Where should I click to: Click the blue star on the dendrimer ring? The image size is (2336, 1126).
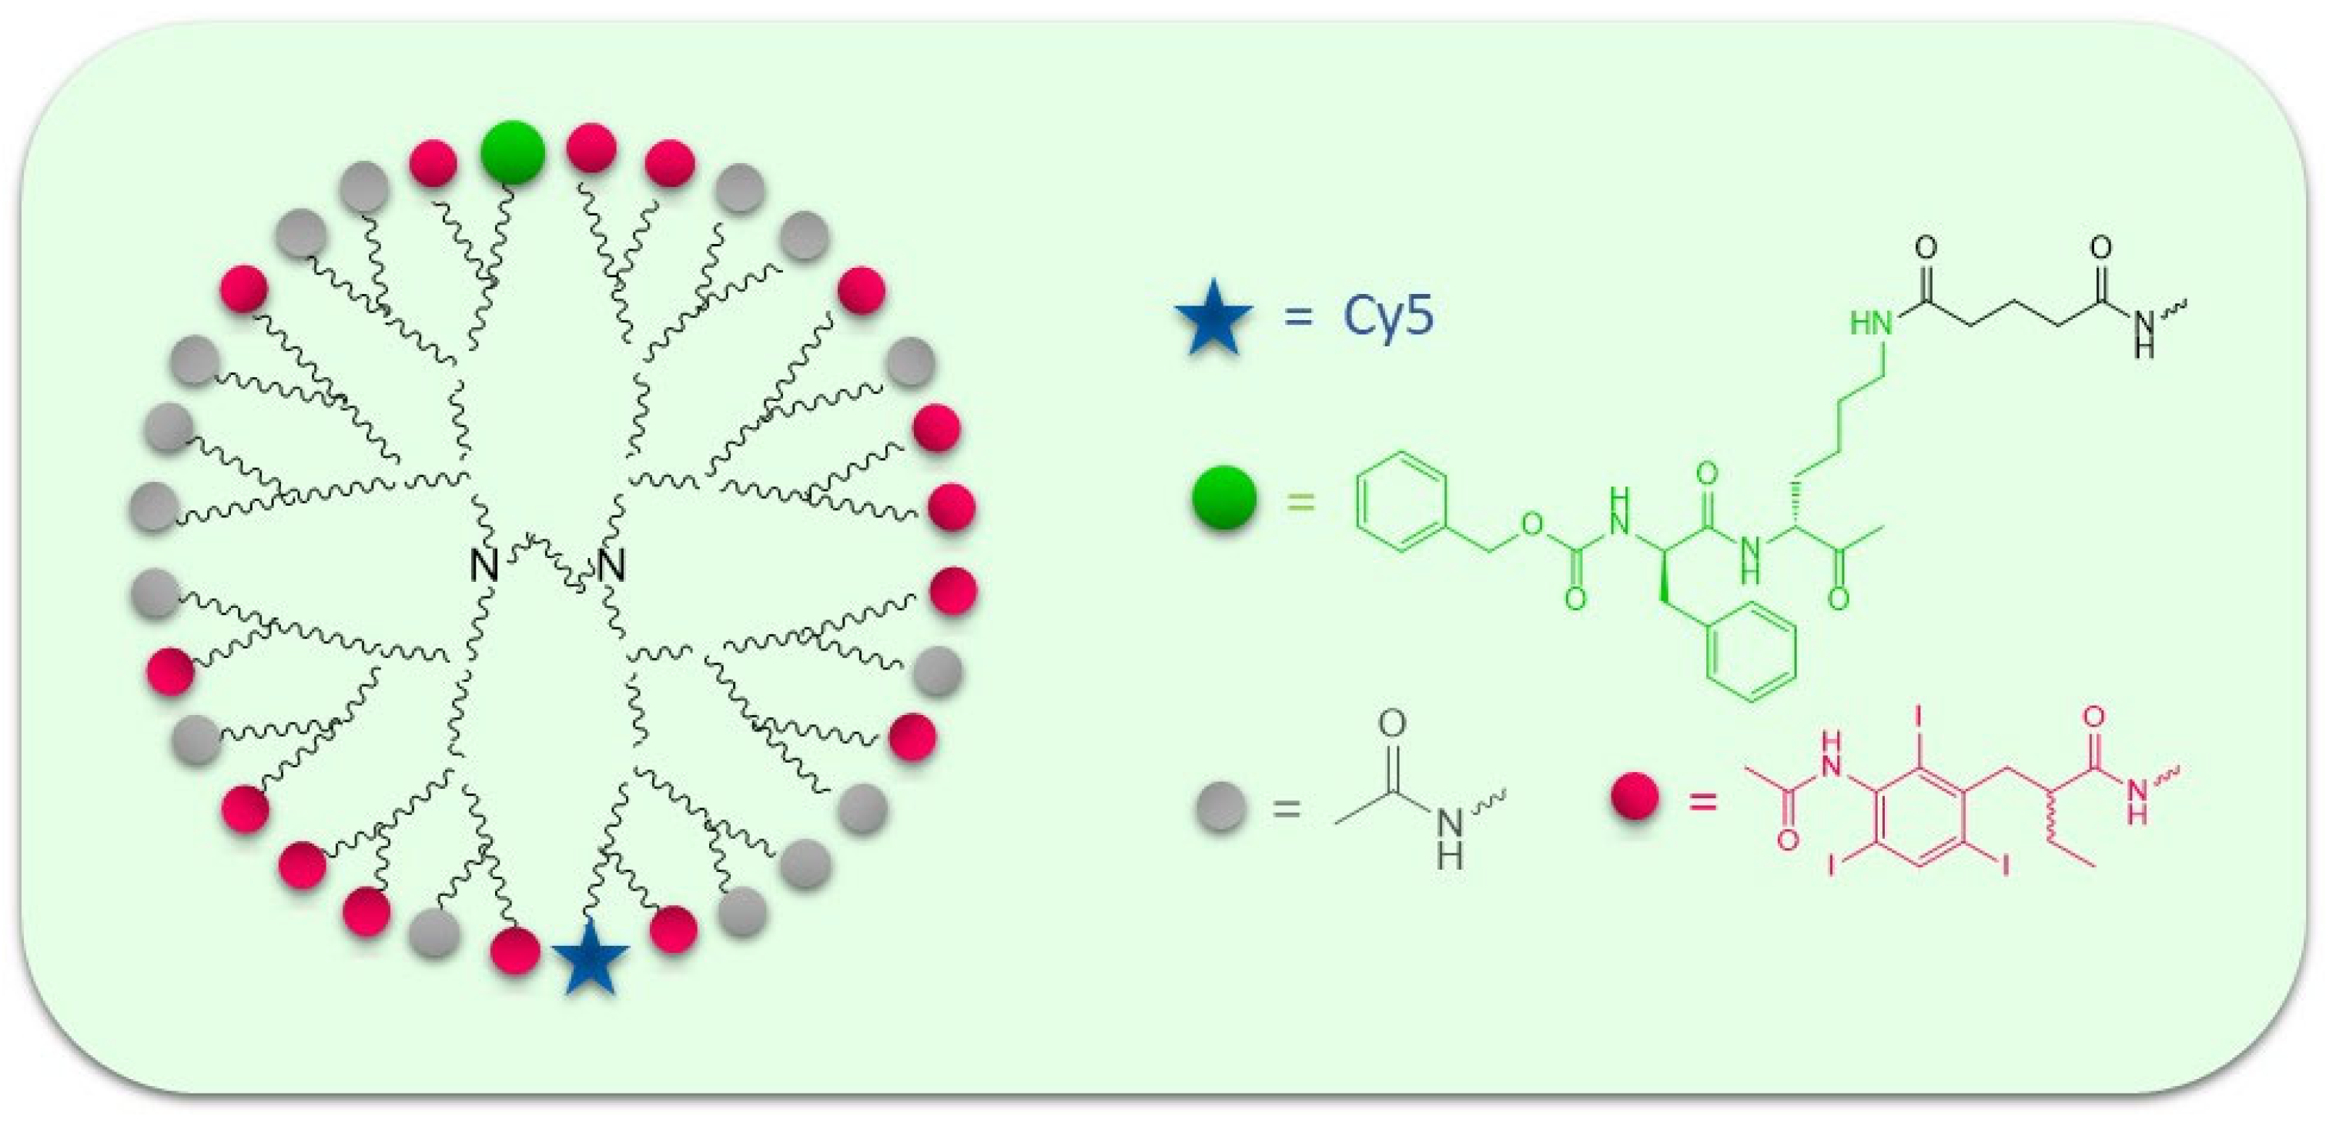[x=590, y=957]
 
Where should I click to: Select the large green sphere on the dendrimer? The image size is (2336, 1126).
[x=512, y=152]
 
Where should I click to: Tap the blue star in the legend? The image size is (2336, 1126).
[x=1213, y=317]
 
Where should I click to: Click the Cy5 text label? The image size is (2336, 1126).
[x=1387, y=316]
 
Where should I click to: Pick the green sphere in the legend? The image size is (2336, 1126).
[x=1224, y=497]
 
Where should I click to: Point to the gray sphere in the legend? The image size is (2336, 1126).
[x=1220, y=806]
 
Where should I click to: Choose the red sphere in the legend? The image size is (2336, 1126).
[x=1635, y=797]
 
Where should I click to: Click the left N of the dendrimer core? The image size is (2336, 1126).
[x=484, y=566]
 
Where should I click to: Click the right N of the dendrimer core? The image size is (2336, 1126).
[x=611, y=566]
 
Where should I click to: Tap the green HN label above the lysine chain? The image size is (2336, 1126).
[x=1871, y=324]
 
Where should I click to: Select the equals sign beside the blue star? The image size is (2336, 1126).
[x=1297, y=317]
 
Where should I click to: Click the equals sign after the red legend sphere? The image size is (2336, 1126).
[x=1702, y=800]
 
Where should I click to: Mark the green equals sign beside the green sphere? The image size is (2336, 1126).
[x=1300, y=501]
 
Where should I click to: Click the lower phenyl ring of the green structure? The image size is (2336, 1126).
[x=1750, y=653]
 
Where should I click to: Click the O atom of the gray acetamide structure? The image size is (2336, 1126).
[x=1392, y=723]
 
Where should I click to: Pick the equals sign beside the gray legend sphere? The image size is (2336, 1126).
[x=1286, y=808]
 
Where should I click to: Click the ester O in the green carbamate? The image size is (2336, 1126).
[x=1531, y=524]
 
